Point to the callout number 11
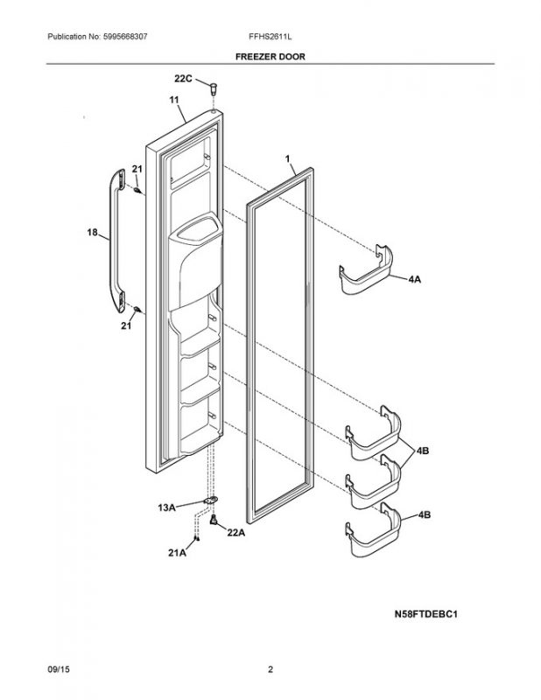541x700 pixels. click(x=173, y=102)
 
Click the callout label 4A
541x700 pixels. click(x=415, y=278)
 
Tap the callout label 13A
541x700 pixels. click(x=167, y=506)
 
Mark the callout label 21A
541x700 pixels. click(x=178, y=553)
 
